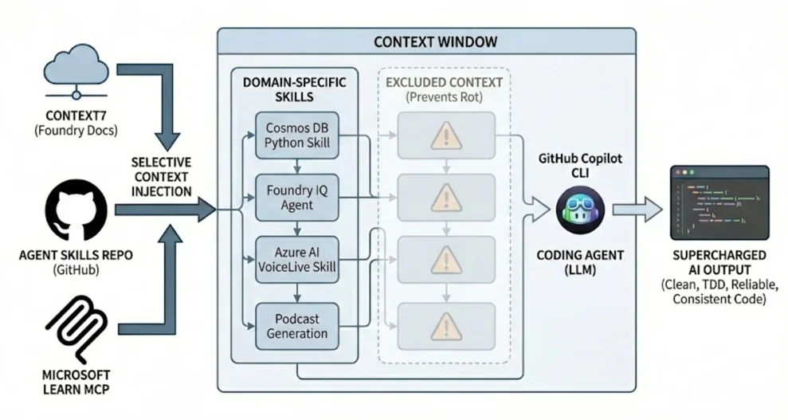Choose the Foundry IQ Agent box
(x=297, y=198)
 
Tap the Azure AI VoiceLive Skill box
(x=297, y=259)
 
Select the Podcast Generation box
(x=297, y=324)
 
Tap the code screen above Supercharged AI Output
(x=719, y=203)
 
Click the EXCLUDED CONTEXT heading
(x=444, y=82)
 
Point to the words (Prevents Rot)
(x=444, y=97)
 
